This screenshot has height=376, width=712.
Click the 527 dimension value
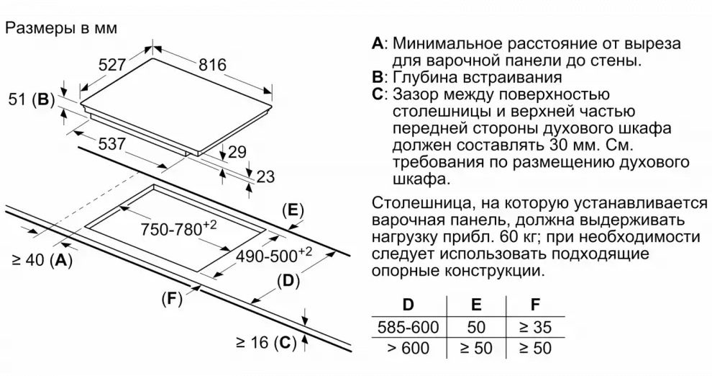113,65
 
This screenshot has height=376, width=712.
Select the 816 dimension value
212,65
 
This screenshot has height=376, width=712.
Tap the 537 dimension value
111,143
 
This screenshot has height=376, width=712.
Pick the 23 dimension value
265,177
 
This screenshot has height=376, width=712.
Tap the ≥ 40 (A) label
42,261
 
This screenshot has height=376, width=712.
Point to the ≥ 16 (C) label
265,343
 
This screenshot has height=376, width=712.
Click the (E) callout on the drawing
292,210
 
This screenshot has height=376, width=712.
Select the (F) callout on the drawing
170,298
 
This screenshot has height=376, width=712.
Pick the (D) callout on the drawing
287,281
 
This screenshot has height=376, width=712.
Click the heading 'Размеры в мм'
60,28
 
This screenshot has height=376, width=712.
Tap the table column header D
408,305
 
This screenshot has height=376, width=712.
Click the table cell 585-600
408,327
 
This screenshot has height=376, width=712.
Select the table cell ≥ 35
535,327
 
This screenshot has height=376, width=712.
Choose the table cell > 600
408,349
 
